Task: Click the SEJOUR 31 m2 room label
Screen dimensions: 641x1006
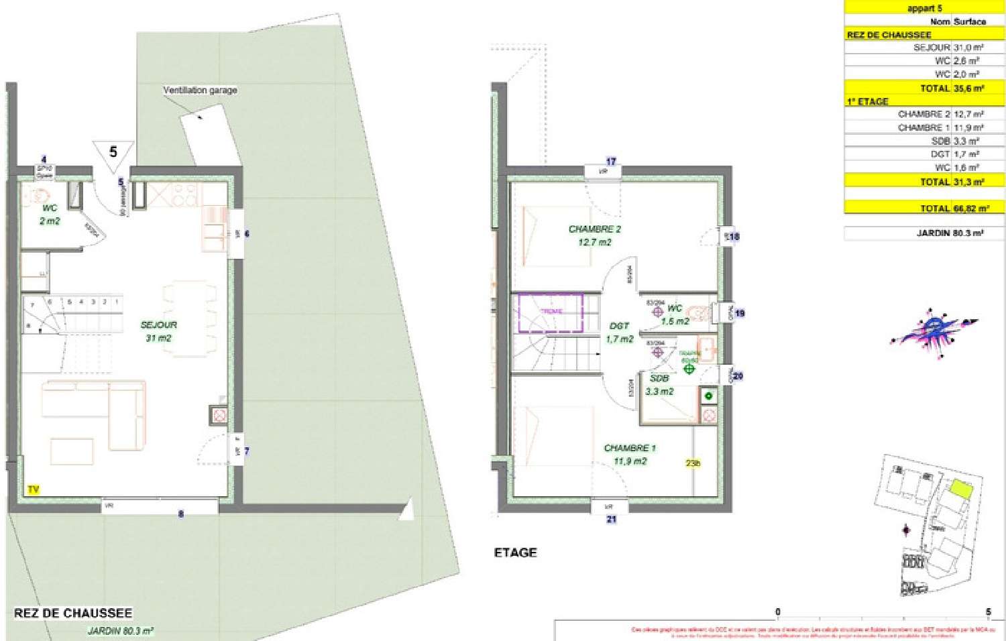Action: pos(159,331)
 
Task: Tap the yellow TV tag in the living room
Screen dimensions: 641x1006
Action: pos(34,490)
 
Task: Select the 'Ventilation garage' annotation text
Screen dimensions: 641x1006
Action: pos(200,90)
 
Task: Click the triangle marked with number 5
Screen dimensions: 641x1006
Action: pos(113,153)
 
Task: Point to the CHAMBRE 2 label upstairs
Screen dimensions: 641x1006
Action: pos(594,235)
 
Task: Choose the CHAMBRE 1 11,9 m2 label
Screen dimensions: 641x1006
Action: pos(630,454)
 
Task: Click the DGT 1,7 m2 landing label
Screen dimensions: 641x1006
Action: pos(619,332)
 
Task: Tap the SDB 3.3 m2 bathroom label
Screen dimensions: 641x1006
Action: pos(659,384)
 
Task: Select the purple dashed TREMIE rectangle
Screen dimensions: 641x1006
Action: pos(550,312)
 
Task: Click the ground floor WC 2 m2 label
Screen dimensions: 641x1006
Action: pos(49,214)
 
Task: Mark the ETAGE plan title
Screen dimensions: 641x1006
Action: pos(515,552)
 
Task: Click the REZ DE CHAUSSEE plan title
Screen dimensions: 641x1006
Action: pos(73,613)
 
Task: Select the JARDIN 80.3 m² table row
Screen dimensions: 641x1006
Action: pos(924,233)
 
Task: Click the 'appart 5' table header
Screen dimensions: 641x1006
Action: pos(924,8)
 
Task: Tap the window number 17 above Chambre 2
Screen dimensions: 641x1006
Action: pos(611,162)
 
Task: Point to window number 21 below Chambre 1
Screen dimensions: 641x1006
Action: pos(611,519)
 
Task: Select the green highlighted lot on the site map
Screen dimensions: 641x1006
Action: pos(961,489)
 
